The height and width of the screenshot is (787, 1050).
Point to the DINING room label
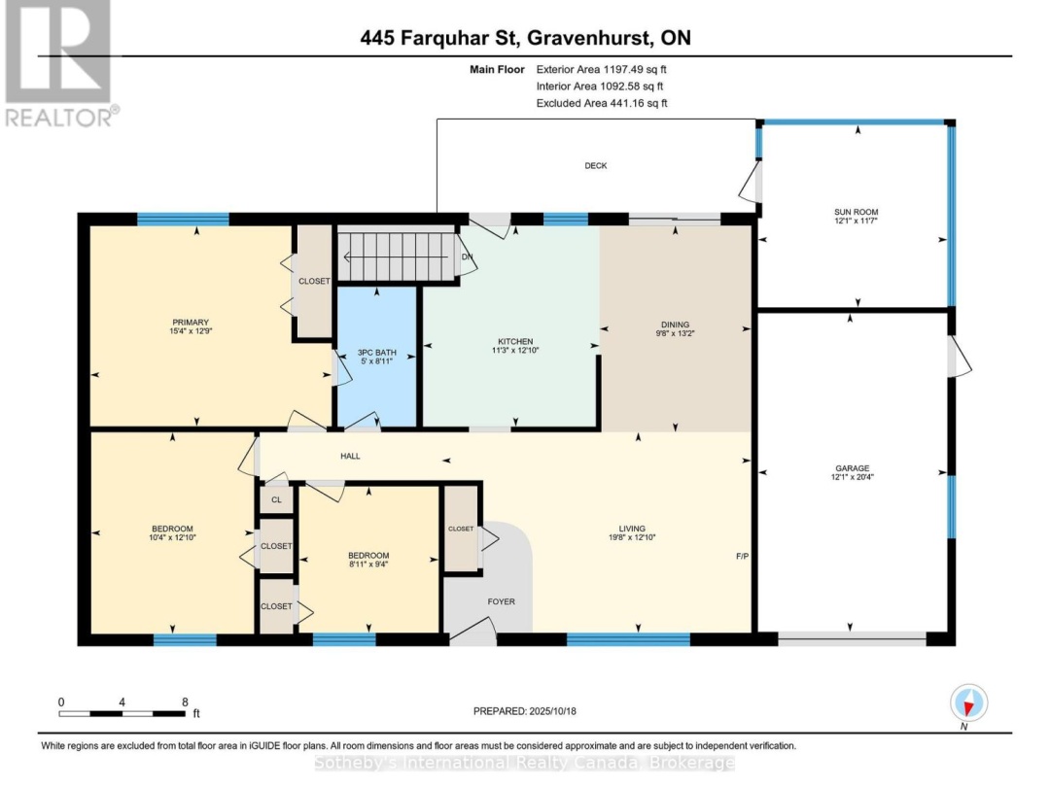675,325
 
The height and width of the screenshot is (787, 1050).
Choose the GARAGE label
851,467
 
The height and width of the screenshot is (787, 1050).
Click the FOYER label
501,601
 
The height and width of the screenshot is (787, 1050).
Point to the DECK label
596,166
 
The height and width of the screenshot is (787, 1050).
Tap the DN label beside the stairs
467,257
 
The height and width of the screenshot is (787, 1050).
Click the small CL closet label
276,499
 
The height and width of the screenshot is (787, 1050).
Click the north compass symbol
970,702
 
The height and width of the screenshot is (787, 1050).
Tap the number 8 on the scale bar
184,701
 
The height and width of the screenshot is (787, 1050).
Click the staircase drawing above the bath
396,256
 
